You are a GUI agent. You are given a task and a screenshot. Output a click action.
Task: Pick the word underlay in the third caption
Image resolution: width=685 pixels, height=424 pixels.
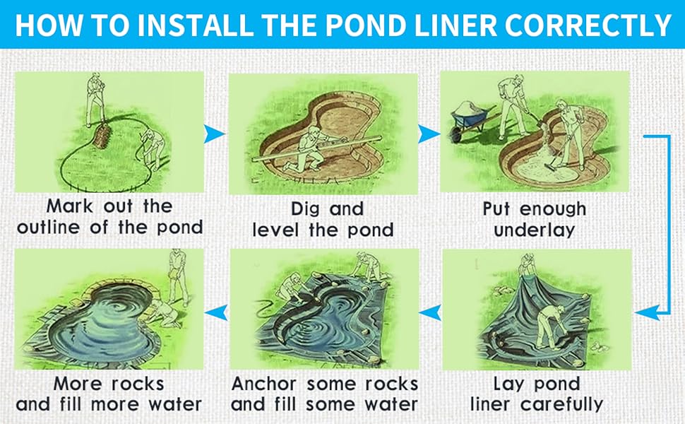pyautogui.click(x=534, y=231)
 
